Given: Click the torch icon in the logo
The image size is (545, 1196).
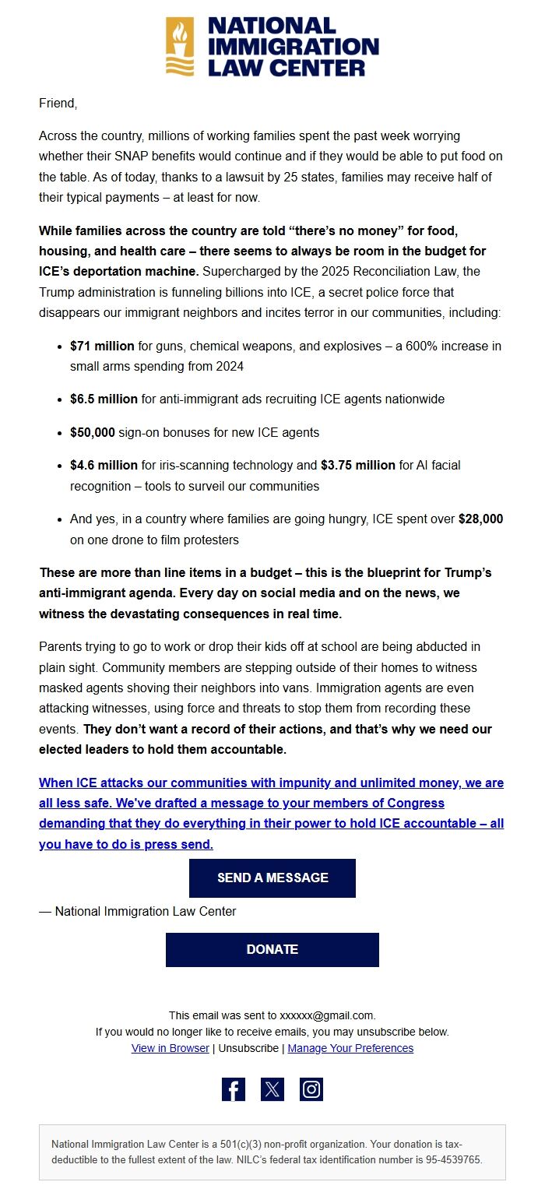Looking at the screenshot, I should (180, 47).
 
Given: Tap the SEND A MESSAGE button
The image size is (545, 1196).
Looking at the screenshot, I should (272, 878).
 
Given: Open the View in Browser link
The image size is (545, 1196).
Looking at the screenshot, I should (171, 1048).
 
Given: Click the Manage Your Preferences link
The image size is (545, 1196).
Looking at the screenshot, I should (350, 1048).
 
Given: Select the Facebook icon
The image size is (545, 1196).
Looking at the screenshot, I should (234, 1089).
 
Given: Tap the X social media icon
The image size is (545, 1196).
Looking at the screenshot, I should (272, 1089).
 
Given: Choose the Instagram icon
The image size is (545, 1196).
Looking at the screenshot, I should (311, 1089).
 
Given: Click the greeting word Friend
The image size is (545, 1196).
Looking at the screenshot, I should (58, 103).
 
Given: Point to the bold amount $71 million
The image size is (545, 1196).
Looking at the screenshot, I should (103, 345).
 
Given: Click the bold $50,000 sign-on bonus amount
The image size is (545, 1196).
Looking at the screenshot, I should (93, 432).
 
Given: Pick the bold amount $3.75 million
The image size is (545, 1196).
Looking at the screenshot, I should (358, 466).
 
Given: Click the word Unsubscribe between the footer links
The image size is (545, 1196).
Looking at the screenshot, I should (248, 1048).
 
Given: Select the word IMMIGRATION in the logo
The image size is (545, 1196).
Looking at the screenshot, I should (294, 47).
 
